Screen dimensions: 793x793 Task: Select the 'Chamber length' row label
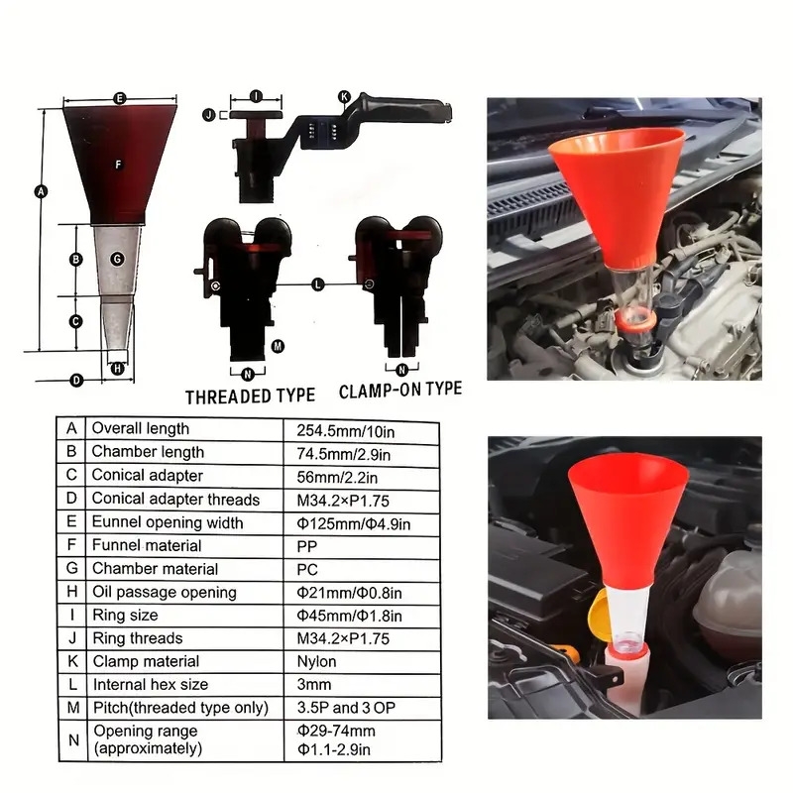[x=148, y=452]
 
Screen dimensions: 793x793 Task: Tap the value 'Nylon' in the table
[x=317, y=661]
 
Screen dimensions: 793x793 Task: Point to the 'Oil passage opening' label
[x=164, y=592]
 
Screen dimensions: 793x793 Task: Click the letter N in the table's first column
[x=71, y=738]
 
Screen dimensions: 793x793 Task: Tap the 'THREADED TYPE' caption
[x=250, y=396]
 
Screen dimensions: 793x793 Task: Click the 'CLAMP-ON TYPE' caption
[x=400, y=390]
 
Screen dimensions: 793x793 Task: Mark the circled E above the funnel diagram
[x=119, y=98]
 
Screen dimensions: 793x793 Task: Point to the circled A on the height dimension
[x=41, y=192]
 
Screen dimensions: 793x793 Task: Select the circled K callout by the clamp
[x=344, y=96]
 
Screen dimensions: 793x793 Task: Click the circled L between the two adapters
[x=317, y=283]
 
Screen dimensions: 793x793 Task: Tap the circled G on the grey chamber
[x=117, y=259]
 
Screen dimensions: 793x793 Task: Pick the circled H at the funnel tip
[x=118, y=368]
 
